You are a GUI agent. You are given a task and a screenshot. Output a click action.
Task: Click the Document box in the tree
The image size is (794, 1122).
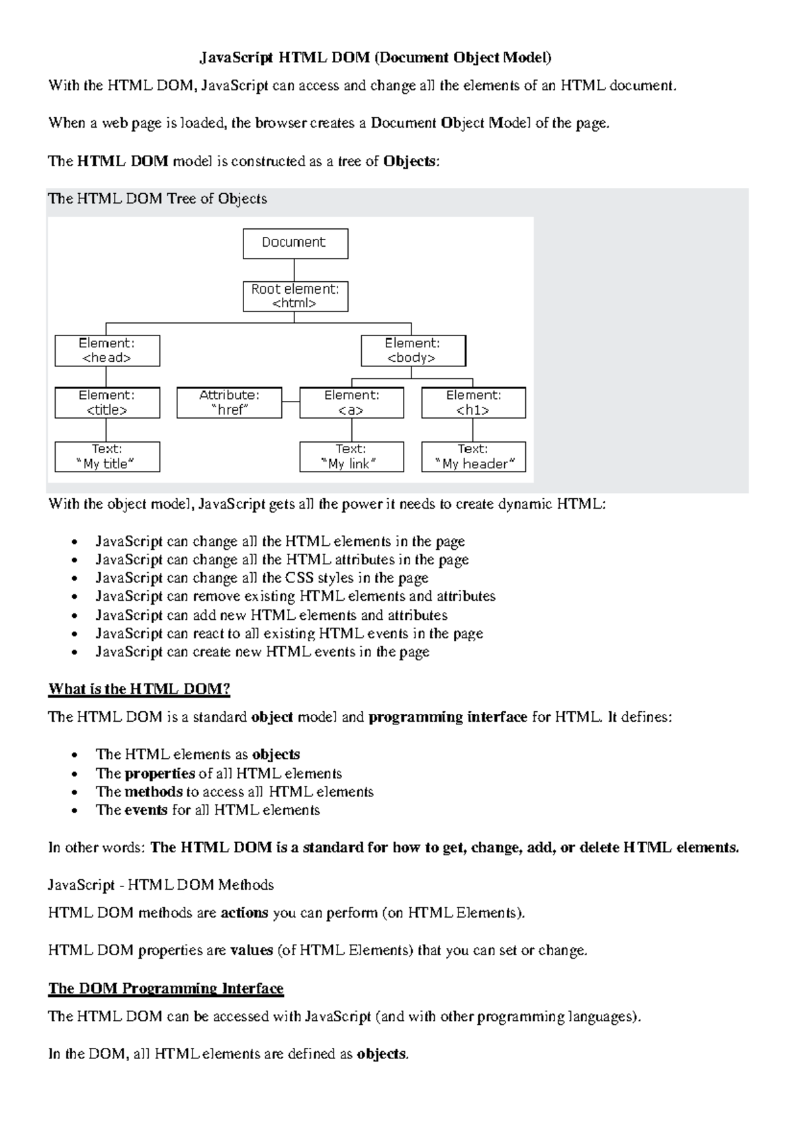[295, 243]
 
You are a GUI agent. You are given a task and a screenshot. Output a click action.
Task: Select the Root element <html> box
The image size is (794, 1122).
[295, 296]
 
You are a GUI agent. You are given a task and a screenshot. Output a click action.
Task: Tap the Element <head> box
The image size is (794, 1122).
[107, 351]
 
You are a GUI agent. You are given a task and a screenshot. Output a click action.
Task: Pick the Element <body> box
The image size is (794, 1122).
[413, 351]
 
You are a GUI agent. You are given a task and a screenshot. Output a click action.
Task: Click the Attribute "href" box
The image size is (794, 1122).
[229, 403]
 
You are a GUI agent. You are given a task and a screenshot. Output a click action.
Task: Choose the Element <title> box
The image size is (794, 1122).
[107, 403]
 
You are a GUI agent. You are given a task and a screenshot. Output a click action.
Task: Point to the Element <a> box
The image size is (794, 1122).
[351, 403]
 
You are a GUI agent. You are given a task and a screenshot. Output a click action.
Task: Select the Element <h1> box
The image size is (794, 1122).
[473, 403]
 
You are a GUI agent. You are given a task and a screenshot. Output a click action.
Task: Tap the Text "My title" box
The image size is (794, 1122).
[107, 456]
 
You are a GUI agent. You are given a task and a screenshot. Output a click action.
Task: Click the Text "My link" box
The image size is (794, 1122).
[351, 456]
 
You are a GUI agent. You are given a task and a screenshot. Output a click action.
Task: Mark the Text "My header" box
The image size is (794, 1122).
[473, 456]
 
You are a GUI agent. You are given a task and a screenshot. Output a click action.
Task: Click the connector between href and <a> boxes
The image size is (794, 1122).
[290, 402]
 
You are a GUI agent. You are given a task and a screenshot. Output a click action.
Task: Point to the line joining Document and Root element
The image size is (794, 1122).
[294, 270]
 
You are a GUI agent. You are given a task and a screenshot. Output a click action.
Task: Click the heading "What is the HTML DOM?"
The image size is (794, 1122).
[139, 689]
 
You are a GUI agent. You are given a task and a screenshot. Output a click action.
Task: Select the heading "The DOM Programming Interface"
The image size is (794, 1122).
[165, 988]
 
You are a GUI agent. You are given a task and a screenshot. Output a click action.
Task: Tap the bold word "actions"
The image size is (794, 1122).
[244, 913]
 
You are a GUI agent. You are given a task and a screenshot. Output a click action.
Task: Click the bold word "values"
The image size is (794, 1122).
[251, 951]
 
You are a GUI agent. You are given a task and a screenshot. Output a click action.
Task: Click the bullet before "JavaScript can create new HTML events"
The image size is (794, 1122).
[78, 652]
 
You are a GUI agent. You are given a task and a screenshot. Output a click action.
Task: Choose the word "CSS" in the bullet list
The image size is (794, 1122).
[299, 578]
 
